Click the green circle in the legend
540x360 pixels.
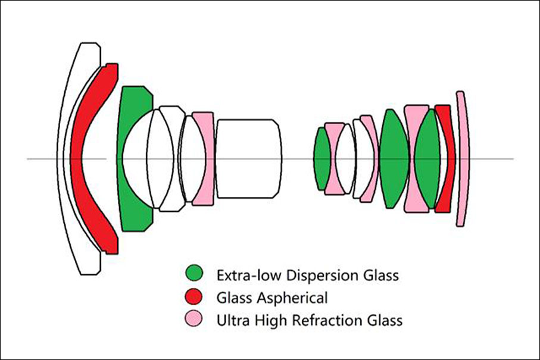(194, 274)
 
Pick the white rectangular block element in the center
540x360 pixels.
(249, 159)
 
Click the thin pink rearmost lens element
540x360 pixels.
(462, 159)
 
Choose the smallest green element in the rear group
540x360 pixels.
(322, 159)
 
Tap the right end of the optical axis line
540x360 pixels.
(513, 159)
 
